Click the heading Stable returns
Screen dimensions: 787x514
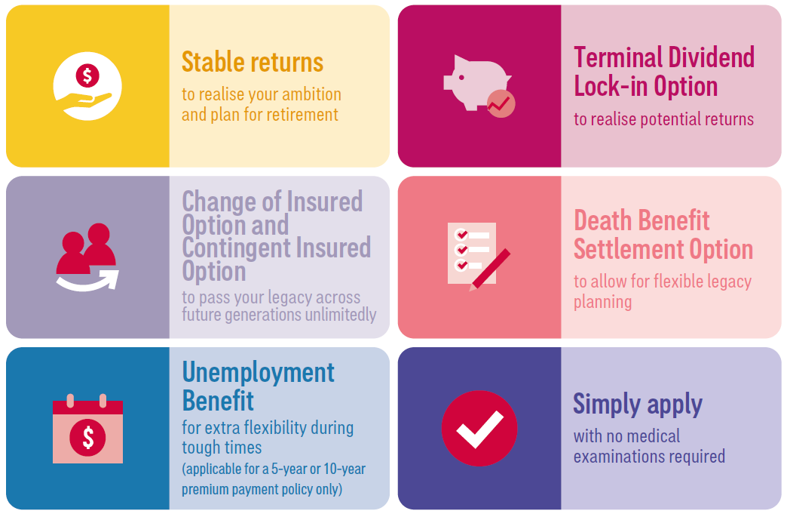click(x=253, y=63)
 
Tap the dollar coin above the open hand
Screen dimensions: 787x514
click(x=87, y=76)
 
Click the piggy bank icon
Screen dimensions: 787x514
click(x=477, y=82)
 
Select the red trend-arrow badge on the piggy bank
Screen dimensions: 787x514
click(x=501, y=104)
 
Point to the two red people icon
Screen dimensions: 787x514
click(x=87, y=248)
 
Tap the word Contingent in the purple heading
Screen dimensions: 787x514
click(x=235, y=248)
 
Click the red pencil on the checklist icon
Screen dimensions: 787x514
click(x=490, y=269)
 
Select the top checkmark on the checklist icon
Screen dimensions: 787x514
click(x=461, y=235)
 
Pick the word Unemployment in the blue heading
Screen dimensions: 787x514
click(x=258, y=373)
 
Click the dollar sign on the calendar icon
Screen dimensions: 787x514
click(x=88, y=437)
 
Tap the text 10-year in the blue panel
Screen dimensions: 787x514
click(x=345, y=469)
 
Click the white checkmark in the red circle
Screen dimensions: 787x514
click(x=479, y=429)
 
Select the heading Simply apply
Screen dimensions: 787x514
click(x=638, y=404)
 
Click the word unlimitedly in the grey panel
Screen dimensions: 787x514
click(x=340, y=315)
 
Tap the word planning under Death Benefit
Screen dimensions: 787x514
click(x=603, y=302)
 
